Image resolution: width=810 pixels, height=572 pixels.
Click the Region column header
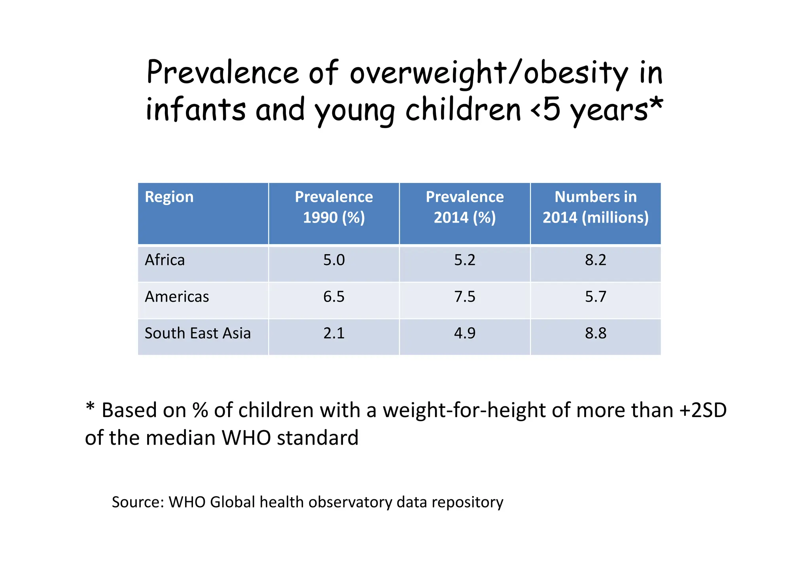tap(169, 197)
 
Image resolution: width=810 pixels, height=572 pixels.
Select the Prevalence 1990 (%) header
tap(334, 207)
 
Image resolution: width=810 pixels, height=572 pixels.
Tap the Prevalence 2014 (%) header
tap(465, 207)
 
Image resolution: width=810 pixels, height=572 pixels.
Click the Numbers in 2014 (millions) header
tap(595, 207)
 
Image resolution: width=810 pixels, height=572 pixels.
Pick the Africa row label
tap(165, 260)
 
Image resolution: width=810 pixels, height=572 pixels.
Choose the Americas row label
tap(177, 297)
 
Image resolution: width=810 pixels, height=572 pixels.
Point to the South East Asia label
tap(197, 333)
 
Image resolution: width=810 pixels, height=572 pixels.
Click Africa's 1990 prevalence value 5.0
tap(334, 260)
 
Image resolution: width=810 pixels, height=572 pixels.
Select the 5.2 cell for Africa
tap(465, 260)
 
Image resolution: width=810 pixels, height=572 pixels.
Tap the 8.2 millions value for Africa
tap(595, 260)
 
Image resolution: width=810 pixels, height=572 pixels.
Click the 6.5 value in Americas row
tap(334, 297)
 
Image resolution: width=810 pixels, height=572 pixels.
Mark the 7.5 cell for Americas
tap(465, 297)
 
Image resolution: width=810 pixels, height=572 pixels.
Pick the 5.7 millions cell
tap(595, 297)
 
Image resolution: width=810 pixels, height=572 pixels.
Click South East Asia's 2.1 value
tap(334, 333)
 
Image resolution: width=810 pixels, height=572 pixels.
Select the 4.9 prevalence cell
tap(465, 333)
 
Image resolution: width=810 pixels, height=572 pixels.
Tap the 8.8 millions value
tap(595, 333)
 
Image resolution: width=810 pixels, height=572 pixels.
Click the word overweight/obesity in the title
tap(488, 73)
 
